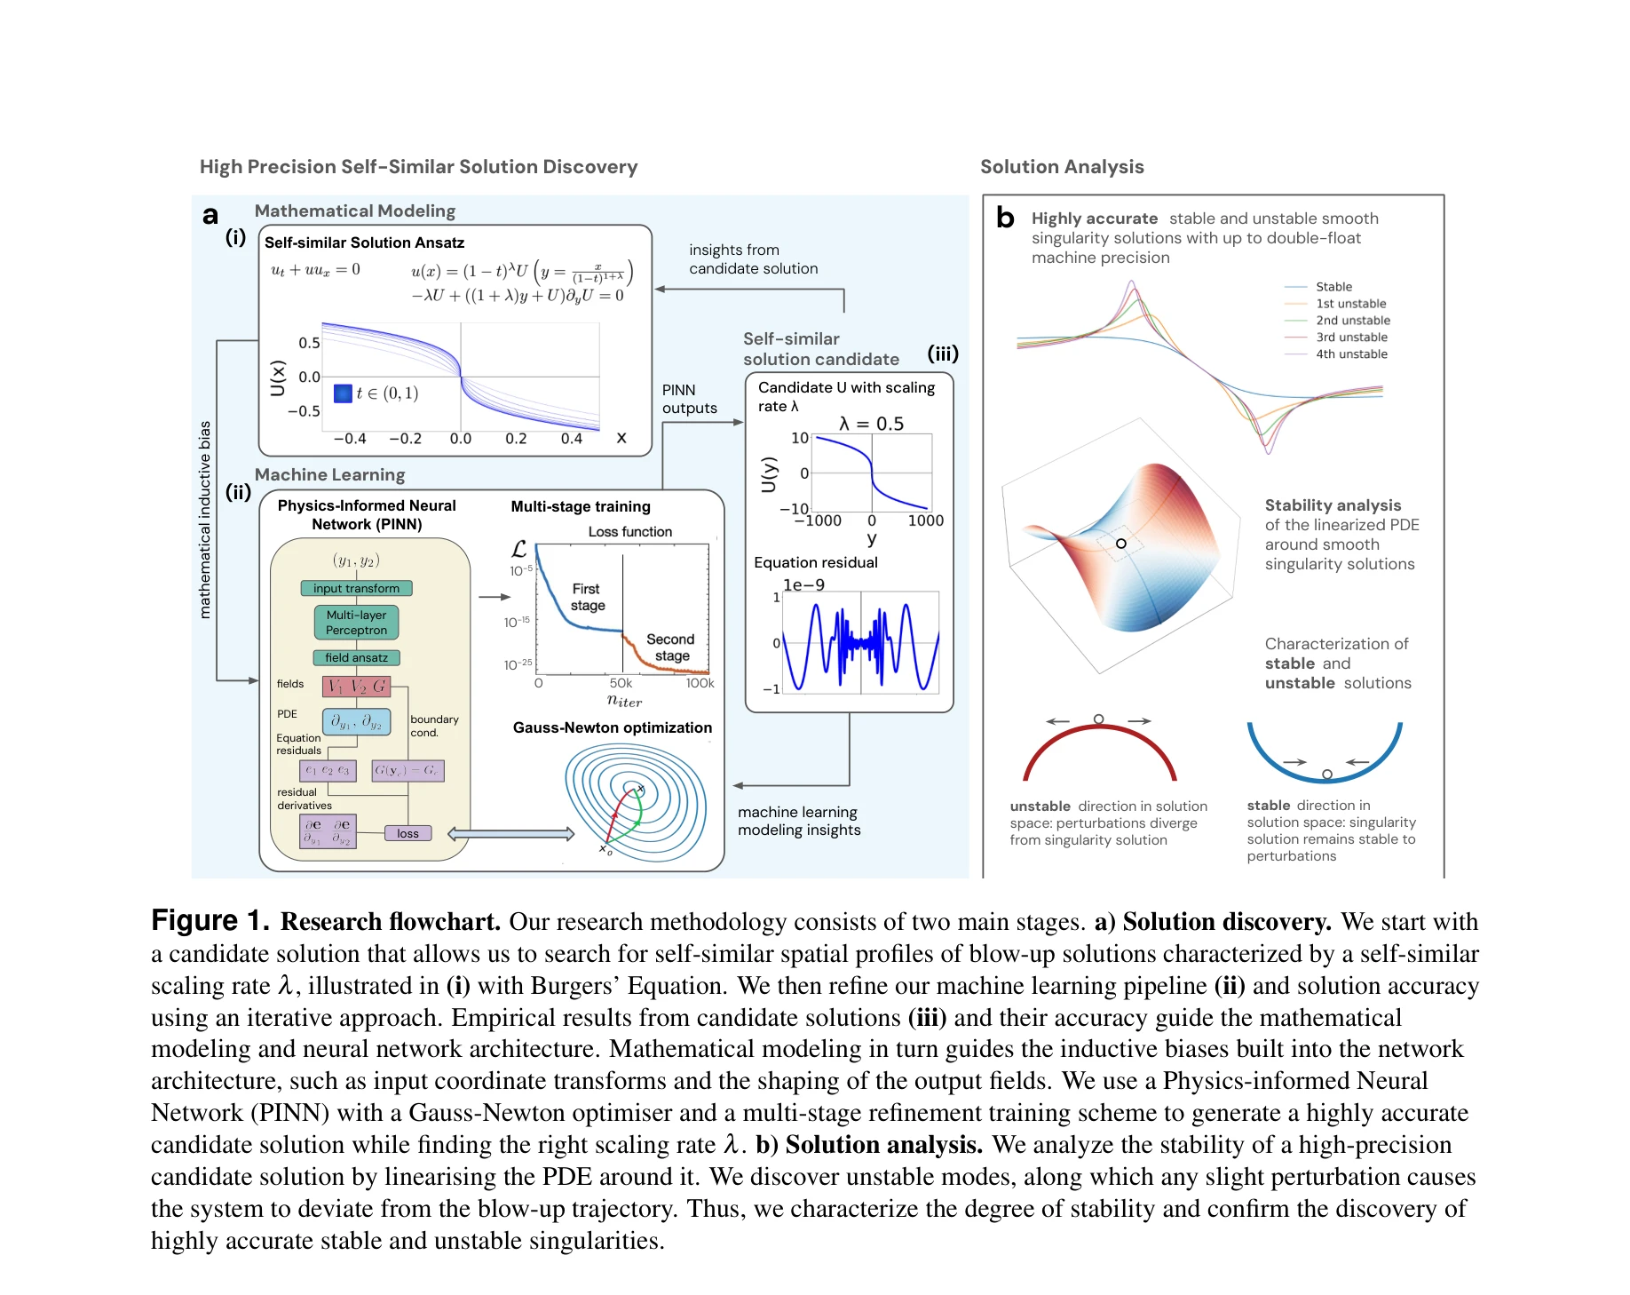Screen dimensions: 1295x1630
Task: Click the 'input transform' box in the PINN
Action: (356, 588)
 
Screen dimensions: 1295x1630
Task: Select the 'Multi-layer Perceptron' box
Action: (356, 623)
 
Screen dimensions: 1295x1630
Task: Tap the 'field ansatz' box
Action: (356, 657)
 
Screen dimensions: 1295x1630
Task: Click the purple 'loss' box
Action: (407, 833)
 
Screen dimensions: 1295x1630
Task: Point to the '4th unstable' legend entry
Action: (1350, 354)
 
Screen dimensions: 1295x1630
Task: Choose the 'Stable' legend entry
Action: (1333, 286)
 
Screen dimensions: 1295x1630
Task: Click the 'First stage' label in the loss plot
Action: (587, 597)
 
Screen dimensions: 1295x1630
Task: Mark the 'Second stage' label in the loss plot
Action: (671, 647)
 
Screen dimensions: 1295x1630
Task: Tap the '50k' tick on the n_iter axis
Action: (621, 683)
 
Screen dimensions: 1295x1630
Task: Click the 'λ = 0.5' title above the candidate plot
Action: (871, 424)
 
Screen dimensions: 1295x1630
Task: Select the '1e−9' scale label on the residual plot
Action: (803, 584)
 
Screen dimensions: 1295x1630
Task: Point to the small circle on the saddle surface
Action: (1121, 543)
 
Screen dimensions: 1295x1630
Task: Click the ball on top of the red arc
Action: (1099, 719)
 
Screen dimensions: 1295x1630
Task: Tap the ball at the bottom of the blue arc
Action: (1326, 775)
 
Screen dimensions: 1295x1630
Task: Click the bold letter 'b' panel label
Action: (1005, 218)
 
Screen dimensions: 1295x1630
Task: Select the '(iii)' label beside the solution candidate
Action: (943, 353)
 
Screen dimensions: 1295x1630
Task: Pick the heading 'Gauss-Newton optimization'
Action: (612, 727)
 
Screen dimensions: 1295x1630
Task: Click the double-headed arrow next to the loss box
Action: (511, 834)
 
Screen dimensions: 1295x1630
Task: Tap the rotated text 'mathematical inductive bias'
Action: (205, 520)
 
